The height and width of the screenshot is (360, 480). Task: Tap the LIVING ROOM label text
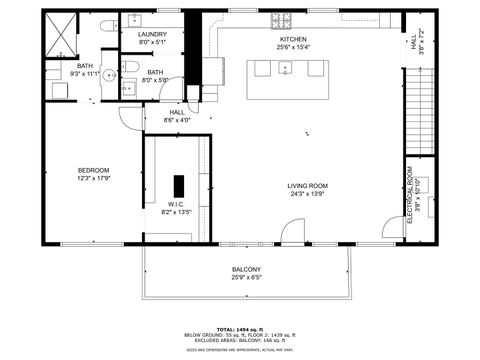click(308, 186)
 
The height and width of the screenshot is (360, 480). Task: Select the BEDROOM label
click(93, 170)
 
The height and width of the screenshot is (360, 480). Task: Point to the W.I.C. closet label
click(176, 203)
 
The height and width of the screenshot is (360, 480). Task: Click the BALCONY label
click(246, 269)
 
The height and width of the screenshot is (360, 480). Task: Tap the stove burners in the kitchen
click(278, 21)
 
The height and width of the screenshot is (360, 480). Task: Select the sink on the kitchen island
click(286, 69)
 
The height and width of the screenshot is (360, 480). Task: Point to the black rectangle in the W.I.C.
click(179, 186)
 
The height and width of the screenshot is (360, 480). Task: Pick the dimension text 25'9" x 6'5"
click(246, 278)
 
